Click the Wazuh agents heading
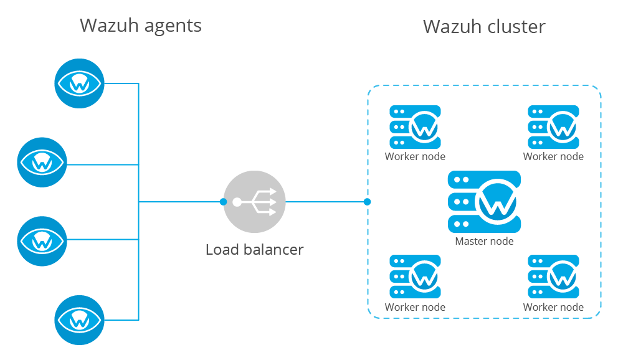tap(141, 26)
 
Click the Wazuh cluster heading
tap(484, 27)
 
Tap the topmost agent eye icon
tap(80, 83)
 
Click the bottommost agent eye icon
tap(80, 320)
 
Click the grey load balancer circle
tap(254, 202)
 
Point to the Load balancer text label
tap(254, 250)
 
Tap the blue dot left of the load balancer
tap(223, 202)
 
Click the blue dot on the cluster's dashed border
tap(368, 202)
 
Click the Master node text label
tap(484, 241)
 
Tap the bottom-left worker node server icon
tap(415, 276)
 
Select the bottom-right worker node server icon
tap(553, 276)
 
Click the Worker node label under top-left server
tap(415, 156)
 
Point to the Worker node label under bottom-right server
tap(553, 307)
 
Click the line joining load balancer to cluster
tap(325, 202)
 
